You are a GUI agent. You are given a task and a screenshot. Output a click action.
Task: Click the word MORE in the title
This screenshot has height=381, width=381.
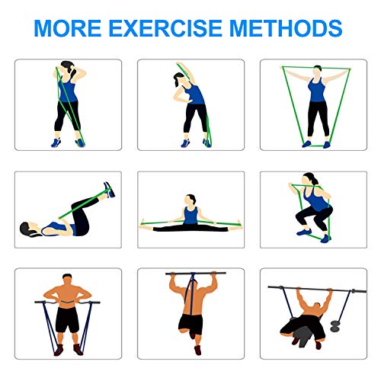click(68, 28)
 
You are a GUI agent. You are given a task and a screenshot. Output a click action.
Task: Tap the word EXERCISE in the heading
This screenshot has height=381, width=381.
click(165, 28)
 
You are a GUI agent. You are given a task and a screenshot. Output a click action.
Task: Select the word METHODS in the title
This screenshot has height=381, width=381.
click(286, 28)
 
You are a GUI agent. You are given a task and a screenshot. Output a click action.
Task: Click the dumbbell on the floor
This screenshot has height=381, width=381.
click(335, 326)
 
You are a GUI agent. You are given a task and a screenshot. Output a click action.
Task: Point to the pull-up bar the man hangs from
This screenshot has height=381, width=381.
click(196, 274)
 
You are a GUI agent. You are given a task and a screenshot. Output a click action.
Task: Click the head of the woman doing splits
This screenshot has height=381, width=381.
click(190, 200)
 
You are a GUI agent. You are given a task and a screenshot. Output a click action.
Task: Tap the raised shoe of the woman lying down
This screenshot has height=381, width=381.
click(109, 190)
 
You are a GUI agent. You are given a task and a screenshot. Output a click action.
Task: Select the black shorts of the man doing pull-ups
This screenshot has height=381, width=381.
click(190, 325)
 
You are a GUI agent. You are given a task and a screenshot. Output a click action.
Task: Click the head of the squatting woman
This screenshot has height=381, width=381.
click(309, 179)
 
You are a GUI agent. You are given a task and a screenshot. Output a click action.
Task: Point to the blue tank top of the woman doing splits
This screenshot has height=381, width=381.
click(190, 215)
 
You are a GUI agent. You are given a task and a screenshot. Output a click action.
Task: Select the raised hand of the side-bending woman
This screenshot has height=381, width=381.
click(180, 64)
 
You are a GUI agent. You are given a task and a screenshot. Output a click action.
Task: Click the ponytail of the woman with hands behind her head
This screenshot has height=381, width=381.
click(73, 73)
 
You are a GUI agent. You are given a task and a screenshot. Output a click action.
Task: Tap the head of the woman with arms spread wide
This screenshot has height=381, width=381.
click(317, 71)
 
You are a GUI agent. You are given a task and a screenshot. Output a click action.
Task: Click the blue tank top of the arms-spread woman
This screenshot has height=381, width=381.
click(316, 90)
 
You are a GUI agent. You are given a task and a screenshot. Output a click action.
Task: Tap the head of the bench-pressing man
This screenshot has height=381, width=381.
click(316, 307)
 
